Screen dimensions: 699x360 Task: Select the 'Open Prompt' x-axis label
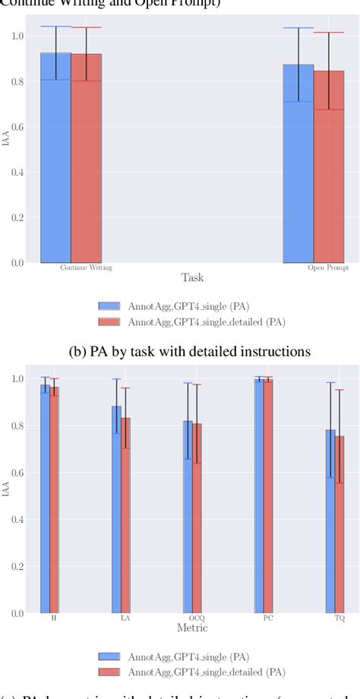[x=324, y=268]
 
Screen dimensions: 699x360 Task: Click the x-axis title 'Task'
[x=192, y=278]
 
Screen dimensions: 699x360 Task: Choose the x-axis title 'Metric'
[x=192, y=628]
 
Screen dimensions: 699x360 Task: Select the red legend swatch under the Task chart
[x=109, y=321]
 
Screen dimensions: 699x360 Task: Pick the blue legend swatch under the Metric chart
[x=109, y=656]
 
